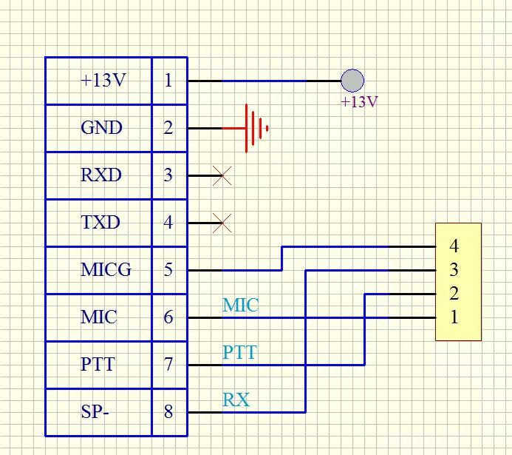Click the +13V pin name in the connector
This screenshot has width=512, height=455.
[x=103, y=81]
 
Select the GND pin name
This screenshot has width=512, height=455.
[x=101, y=128]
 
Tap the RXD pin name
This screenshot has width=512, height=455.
[x=101, y=175]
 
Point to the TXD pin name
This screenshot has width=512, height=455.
[x=100, y=222]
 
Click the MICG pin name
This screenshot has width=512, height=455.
[x=106, y=270]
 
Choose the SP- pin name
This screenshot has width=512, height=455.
[x=95, y=412]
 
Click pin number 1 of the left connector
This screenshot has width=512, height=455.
[x=168, y=81]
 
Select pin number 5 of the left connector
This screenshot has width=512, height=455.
[x=168, y=270]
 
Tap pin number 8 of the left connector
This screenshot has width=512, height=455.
[x=168, y=412]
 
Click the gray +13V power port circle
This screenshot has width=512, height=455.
[x=352, y=80]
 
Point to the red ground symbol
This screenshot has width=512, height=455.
[x=256, y=128]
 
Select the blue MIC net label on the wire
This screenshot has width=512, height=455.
[x=241, y=305]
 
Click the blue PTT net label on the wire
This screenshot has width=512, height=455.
[x=240, y=352]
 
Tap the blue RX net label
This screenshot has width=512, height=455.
[x=236, y=400]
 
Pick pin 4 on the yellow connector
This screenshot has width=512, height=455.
[x=454, y=246]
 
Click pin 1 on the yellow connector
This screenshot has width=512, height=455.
[x=454, y=317]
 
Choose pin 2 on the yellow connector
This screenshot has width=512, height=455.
[x=454, y=294]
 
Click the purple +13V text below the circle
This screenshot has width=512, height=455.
[x=359, y=102]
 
